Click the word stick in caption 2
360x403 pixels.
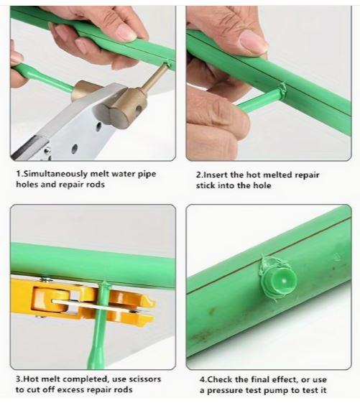tap(206, 185)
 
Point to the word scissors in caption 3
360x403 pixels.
tap(144, 379)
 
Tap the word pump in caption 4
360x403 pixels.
tap(276, 391)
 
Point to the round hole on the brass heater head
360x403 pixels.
tap(139, 110)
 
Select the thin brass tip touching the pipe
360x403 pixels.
tap(157, 76)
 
